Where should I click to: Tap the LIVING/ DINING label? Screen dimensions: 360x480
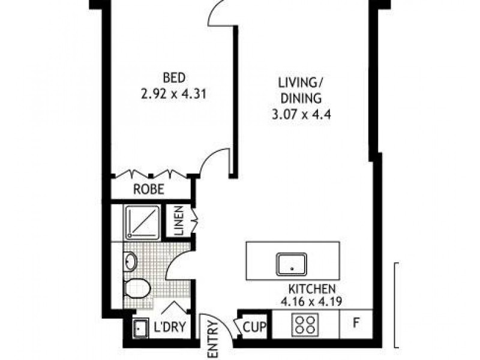point(300,90)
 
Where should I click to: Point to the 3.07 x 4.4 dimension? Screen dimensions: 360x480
point(300,112)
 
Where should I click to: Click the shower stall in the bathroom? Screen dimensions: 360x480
point(142,222)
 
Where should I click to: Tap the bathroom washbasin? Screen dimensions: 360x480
point(131,262)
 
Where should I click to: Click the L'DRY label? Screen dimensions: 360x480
point(169,328)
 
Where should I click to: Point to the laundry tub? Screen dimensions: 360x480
point(140,329)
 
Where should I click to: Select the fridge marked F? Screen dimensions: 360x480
point(356,326)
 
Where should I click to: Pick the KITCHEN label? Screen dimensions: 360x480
point(311,289)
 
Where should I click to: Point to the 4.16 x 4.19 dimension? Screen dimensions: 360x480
point(311,302)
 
